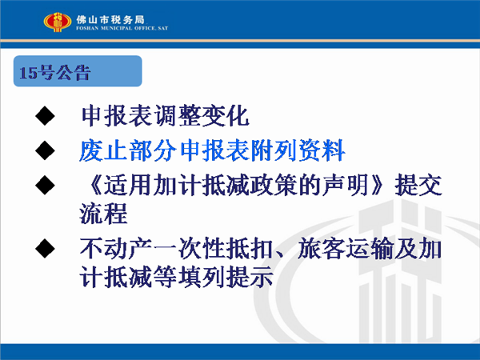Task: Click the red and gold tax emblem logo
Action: (x=58, y=22)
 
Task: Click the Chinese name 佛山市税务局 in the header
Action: (x=110, y=20)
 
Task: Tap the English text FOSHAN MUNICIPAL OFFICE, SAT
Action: (x=122, y=28)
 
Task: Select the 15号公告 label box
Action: (x=78, y=71)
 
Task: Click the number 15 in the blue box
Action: (x=28, y=73)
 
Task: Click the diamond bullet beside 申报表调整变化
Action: (x=45, y=116)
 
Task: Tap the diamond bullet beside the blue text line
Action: (x=45, y=150)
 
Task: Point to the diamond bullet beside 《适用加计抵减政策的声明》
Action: (x=45, y=186)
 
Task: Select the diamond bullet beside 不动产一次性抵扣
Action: (x=45, y=248)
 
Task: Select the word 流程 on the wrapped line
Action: (x=103, y=214)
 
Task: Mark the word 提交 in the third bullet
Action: (x=418, y=186)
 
